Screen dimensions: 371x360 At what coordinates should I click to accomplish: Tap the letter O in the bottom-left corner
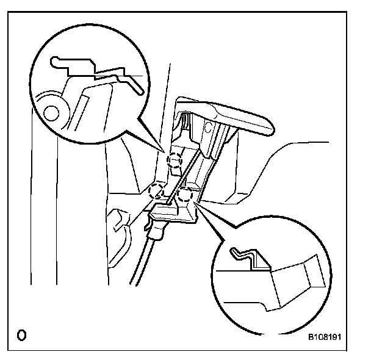click(21, 335)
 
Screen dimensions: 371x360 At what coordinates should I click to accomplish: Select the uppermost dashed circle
click(175, 160)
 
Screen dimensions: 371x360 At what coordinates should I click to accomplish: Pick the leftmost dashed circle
click(157, 190)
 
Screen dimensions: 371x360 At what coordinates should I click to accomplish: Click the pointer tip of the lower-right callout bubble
click(196, 206)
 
